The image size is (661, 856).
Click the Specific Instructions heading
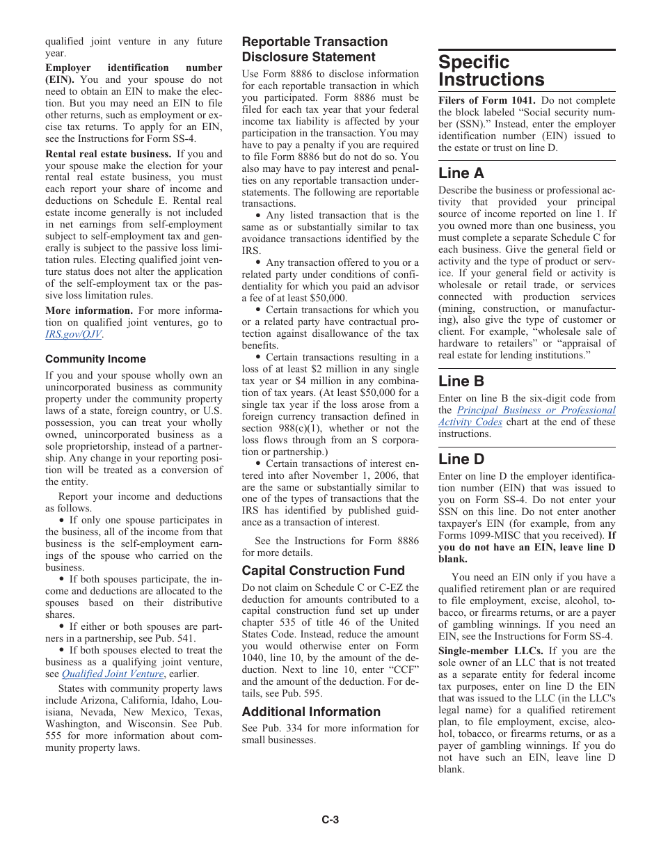click(x=491, y=71)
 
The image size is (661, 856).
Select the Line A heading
click(x=461, y=173)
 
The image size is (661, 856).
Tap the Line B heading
click(x=461, y=381)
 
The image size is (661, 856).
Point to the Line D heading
click(x=461, y=459)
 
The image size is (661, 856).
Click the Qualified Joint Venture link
click(x=112, y=674)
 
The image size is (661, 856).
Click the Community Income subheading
click(x=95, y=359)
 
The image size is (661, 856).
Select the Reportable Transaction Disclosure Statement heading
click(x=314, y=49)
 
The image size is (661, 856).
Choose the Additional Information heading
click(x=311, y=712)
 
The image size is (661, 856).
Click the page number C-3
click(x=330, y=821)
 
